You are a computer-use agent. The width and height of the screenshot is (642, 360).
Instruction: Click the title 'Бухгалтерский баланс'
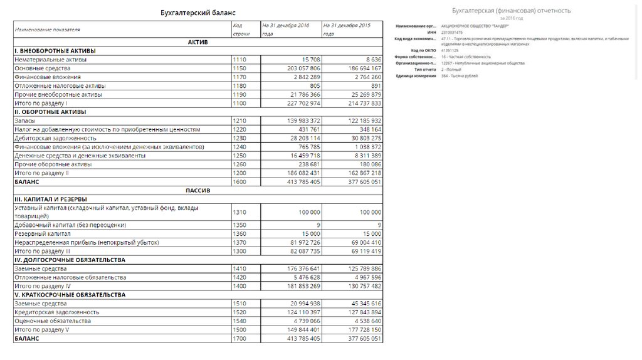point(199,13)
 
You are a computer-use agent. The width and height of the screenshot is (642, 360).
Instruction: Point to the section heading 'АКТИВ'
point(198,41)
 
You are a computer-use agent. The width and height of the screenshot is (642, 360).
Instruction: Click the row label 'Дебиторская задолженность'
point(55,137)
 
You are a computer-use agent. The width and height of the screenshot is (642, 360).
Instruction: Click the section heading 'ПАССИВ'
point(198,189)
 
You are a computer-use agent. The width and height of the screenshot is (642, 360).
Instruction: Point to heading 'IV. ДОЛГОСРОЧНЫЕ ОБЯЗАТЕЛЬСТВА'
point(70,260)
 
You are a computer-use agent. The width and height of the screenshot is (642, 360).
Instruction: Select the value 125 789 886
point(360,268)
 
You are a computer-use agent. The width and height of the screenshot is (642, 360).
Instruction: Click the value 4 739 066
point(302,320)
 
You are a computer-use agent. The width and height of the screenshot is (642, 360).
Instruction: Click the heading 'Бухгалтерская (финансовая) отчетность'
point(511,11)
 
